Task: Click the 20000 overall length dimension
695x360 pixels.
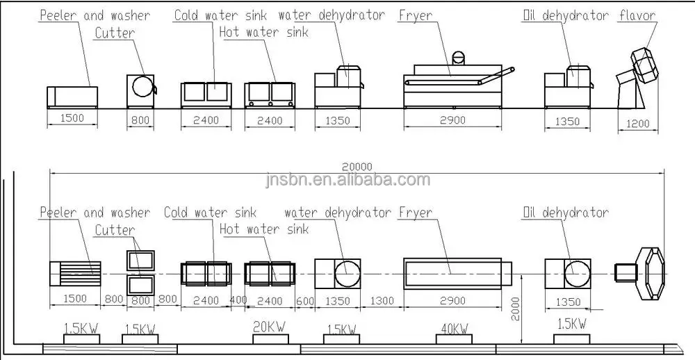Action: [357, 167]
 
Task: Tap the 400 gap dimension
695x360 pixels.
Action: [238, 300]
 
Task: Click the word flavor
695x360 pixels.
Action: [637, 15]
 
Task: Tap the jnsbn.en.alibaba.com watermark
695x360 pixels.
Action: [347, 179]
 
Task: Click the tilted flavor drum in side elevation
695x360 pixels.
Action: [644, 66]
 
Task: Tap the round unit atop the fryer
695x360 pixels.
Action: [458, 58]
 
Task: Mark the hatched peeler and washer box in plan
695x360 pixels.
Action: [75, 272]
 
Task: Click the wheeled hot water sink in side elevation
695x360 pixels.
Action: [270, 94]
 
